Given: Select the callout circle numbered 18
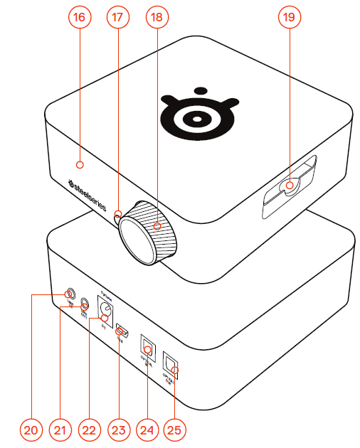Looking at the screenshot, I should tap(157, 19).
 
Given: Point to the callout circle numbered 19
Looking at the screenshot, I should tap(288, 19).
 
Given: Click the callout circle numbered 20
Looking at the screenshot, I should tap(30, 430).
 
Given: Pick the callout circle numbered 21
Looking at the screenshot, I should tap(60, 430).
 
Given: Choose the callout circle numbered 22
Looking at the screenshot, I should tap(89, 430).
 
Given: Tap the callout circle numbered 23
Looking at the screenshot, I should tap(119, 430).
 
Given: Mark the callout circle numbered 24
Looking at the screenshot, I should tap(148, 430).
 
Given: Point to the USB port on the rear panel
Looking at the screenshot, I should tap(122, 331).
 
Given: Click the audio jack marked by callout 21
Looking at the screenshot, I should tap(85, 304).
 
